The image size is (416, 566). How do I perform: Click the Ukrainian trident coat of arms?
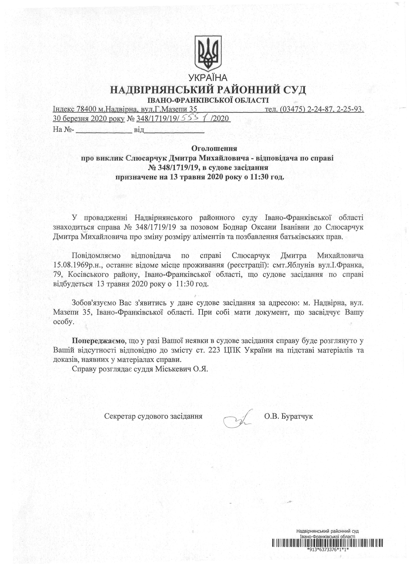click(x=208, y=53)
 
